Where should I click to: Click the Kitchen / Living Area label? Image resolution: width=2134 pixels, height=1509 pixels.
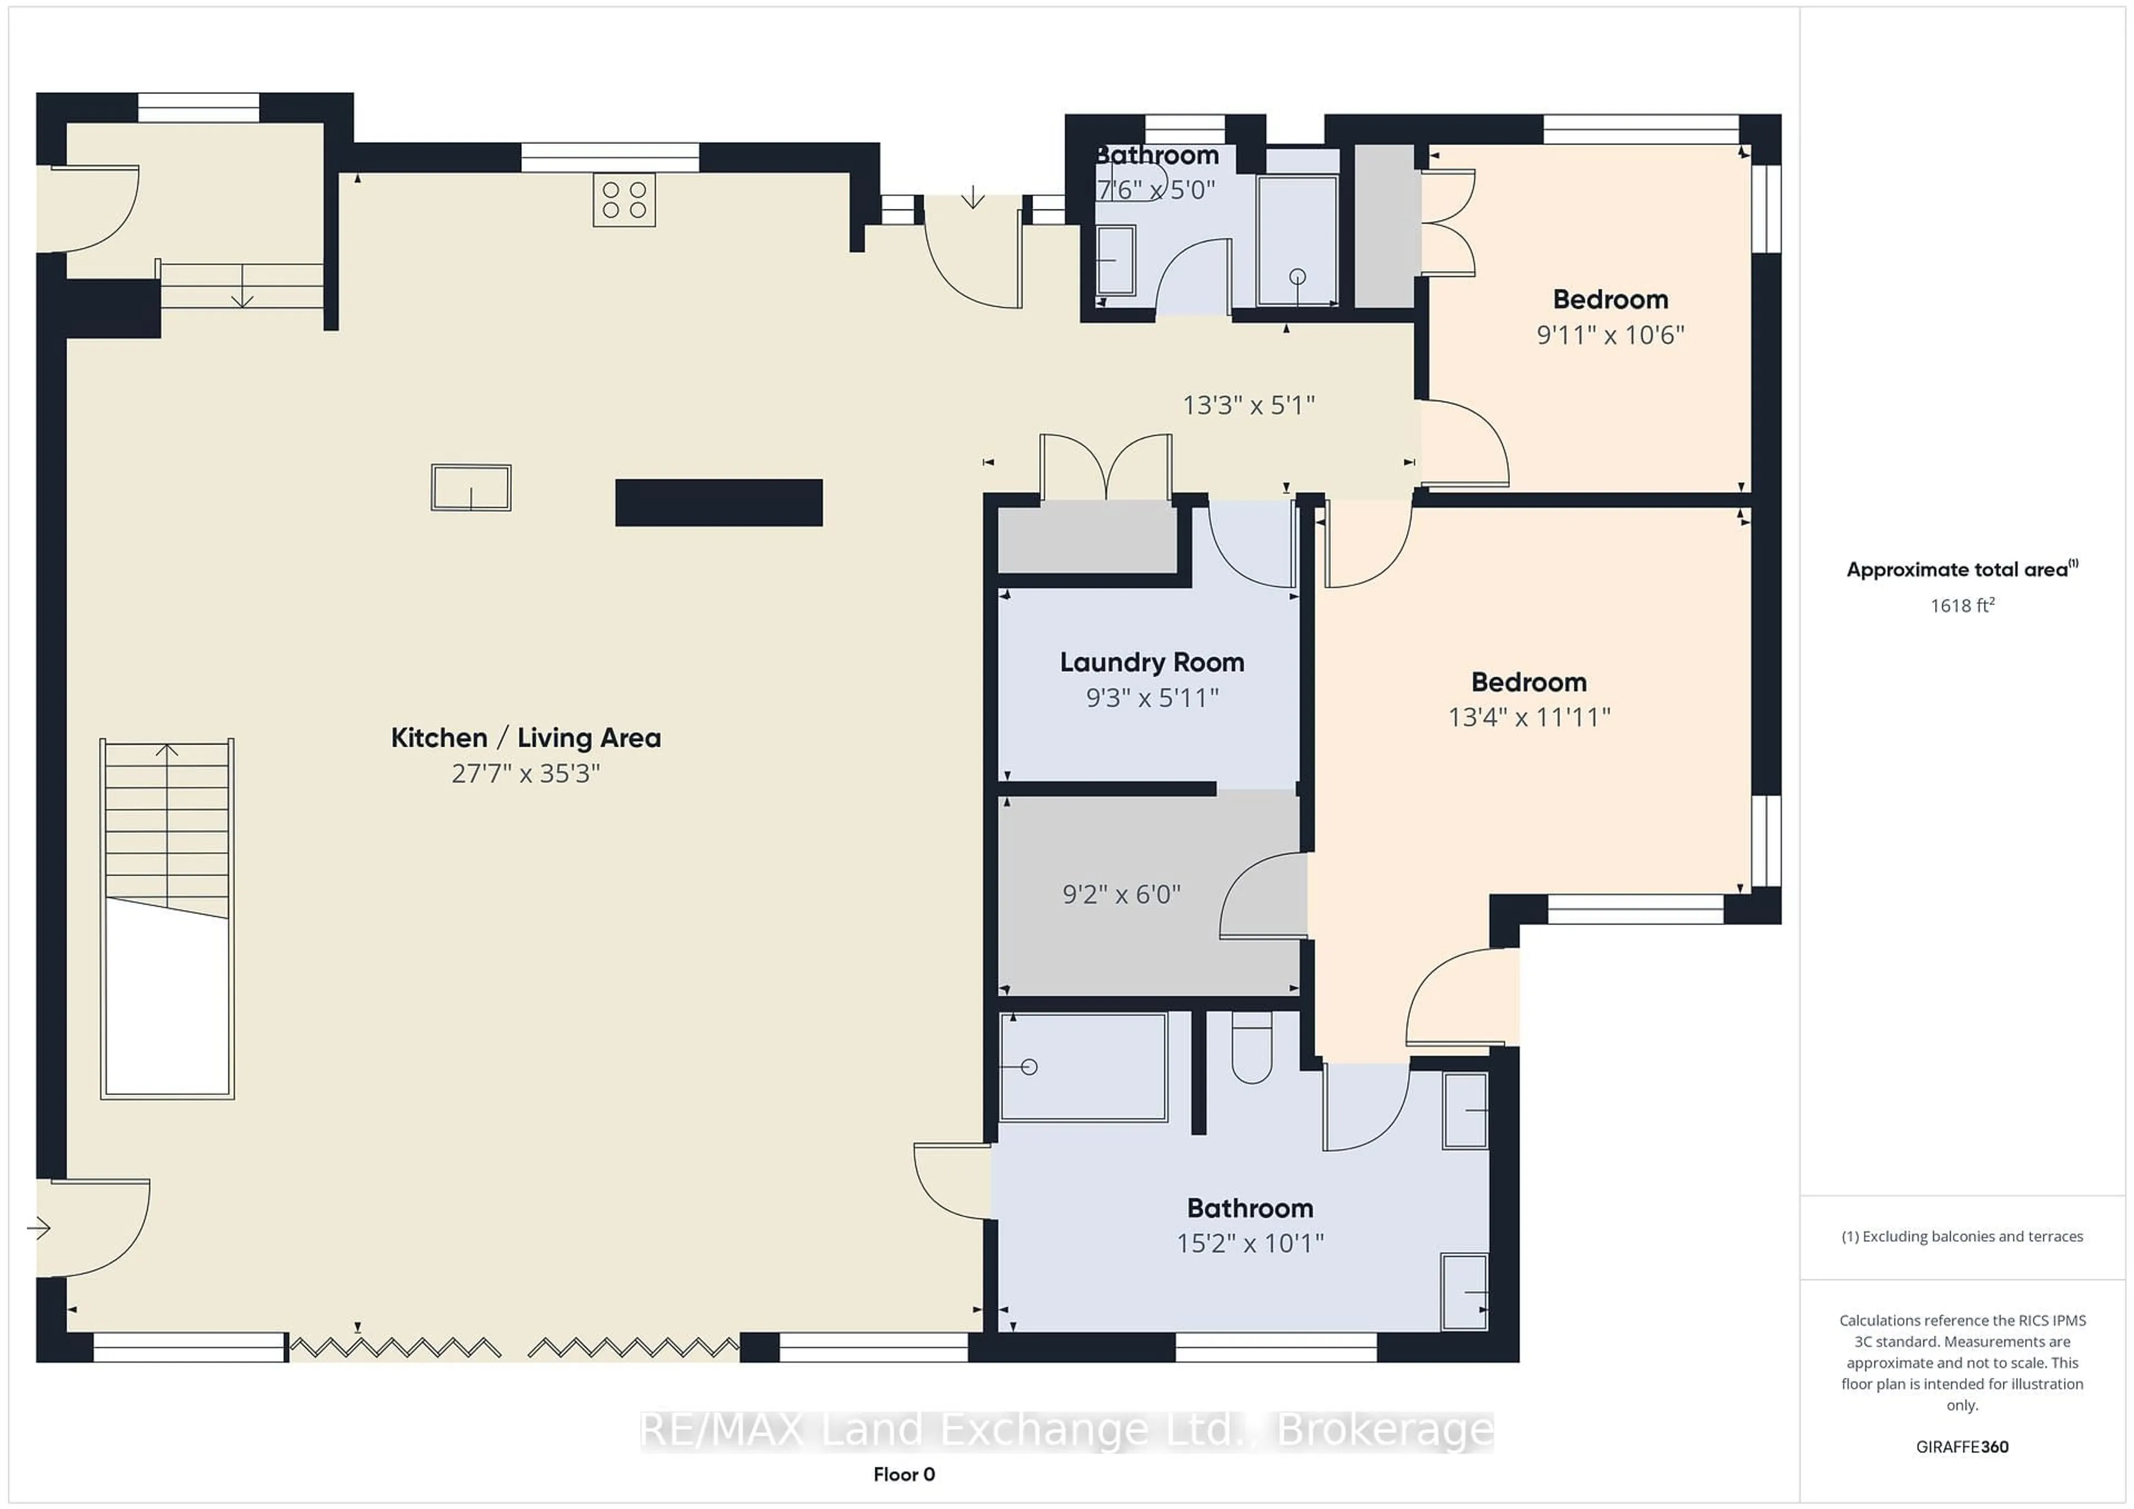click(526, 738)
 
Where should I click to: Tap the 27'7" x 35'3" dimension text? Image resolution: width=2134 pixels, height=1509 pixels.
click(526, 773)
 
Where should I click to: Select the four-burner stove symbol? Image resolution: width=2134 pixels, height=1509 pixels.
click(625, 200)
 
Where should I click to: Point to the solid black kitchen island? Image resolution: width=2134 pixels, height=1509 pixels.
click(719, 503)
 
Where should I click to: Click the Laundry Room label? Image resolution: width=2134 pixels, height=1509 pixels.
click(1153, 662)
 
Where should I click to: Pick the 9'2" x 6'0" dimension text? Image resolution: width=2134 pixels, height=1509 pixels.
click(1122, 894)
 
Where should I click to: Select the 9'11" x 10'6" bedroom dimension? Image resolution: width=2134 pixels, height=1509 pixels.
click(1611, 334)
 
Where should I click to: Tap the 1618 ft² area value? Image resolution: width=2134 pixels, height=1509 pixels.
click(1962, 605)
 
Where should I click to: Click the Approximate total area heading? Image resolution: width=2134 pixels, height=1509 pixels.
click(1962, 569)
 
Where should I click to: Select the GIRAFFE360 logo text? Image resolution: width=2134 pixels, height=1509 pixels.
click(1962, 1447)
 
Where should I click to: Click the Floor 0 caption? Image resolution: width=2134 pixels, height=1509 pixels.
click(904, 1475)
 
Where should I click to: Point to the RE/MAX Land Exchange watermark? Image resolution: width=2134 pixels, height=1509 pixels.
click(1067, 1430)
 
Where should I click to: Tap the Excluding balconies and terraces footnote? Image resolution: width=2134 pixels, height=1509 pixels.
click(1962, 1237)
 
